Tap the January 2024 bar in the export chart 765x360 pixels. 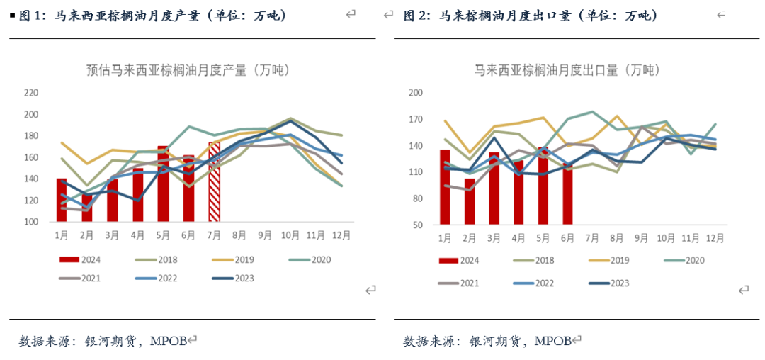click(445, 187)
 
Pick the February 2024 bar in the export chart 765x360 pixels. click(469, 202)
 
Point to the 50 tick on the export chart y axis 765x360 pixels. click(416, 225)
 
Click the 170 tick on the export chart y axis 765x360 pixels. click(415, 119)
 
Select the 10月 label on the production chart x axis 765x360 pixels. click(290, 233)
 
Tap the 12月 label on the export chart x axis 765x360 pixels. click(715, 237)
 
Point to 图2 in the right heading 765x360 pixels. click(414, 15)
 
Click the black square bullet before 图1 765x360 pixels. click(12, 15)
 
